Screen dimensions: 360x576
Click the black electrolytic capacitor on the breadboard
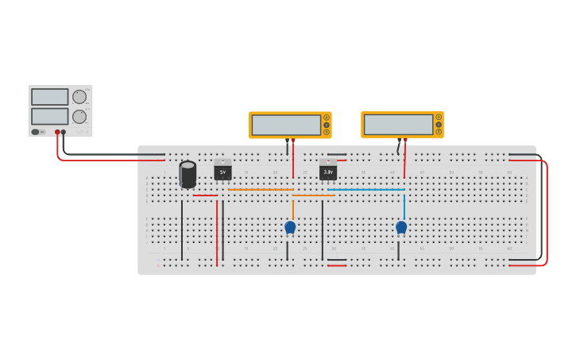[x=187, y=174]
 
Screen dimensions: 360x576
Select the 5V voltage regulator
[x=222, y=170]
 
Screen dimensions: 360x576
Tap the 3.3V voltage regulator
[x=328, y=170]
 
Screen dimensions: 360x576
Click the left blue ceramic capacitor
[x=290, y=227]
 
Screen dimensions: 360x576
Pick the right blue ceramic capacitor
[x=401, y=227]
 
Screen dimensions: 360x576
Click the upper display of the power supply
[x=50, y=97]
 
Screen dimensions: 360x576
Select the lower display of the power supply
[x=50, y=116]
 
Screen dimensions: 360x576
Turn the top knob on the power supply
[x=79, y=97]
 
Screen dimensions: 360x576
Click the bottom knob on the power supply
[x=79, y=116]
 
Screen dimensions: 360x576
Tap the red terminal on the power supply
[x=57, y=132]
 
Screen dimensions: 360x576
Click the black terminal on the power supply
[x=64, y=132]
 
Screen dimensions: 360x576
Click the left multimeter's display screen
[x=286, y=125]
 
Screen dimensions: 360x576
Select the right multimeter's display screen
[x=398, y=124]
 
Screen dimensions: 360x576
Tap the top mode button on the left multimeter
[x=326, y=118]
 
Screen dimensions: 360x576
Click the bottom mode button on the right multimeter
[x=438, y=131]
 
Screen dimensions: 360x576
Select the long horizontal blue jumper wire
[x=365, y=189]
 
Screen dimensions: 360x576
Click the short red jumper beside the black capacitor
[x=205, y=195]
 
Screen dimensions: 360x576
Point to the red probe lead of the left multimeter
[x=293, y=159]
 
